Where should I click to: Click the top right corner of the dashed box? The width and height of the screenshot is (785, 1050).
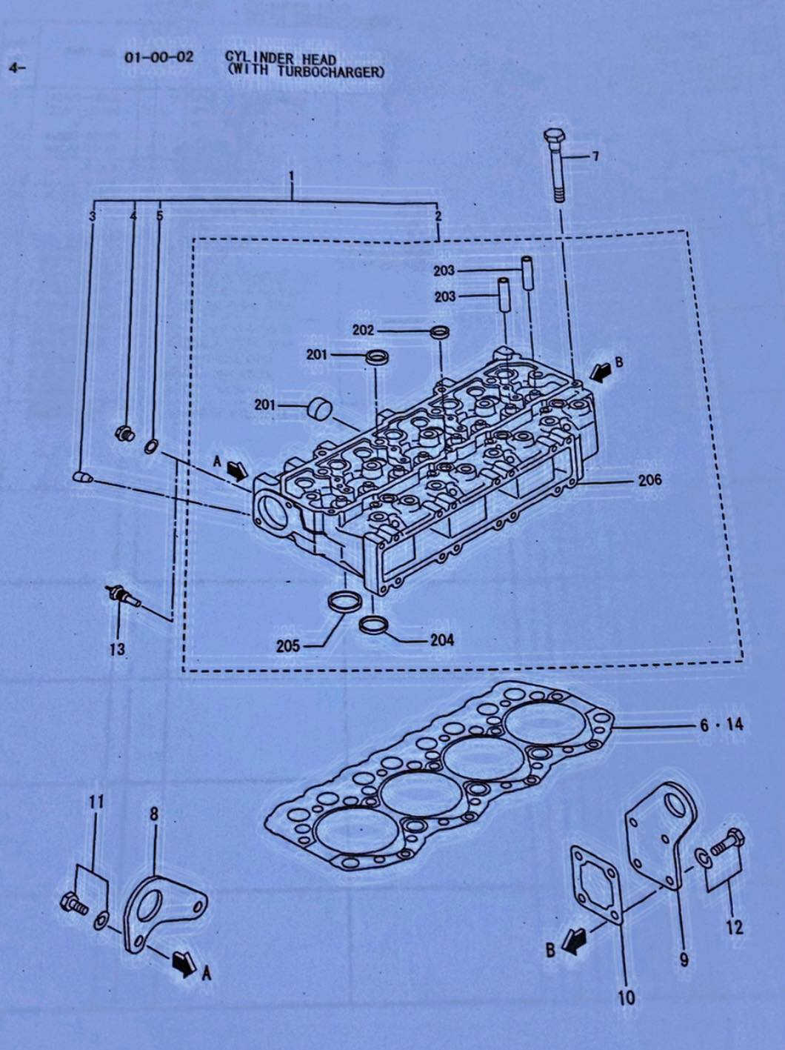688,231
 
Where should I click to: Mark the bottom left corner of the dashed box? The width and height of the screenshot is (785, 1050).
183,671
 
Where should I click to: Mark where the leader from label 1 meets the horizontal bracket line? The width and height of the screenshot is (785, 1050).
292,200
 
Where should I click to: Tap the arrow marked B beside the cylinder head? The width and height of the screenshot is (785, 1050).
600,371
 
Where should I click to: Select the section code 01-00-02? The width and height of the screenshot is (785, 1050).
159,58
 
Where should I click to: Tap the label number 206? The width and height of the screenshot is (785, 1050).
650,479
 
